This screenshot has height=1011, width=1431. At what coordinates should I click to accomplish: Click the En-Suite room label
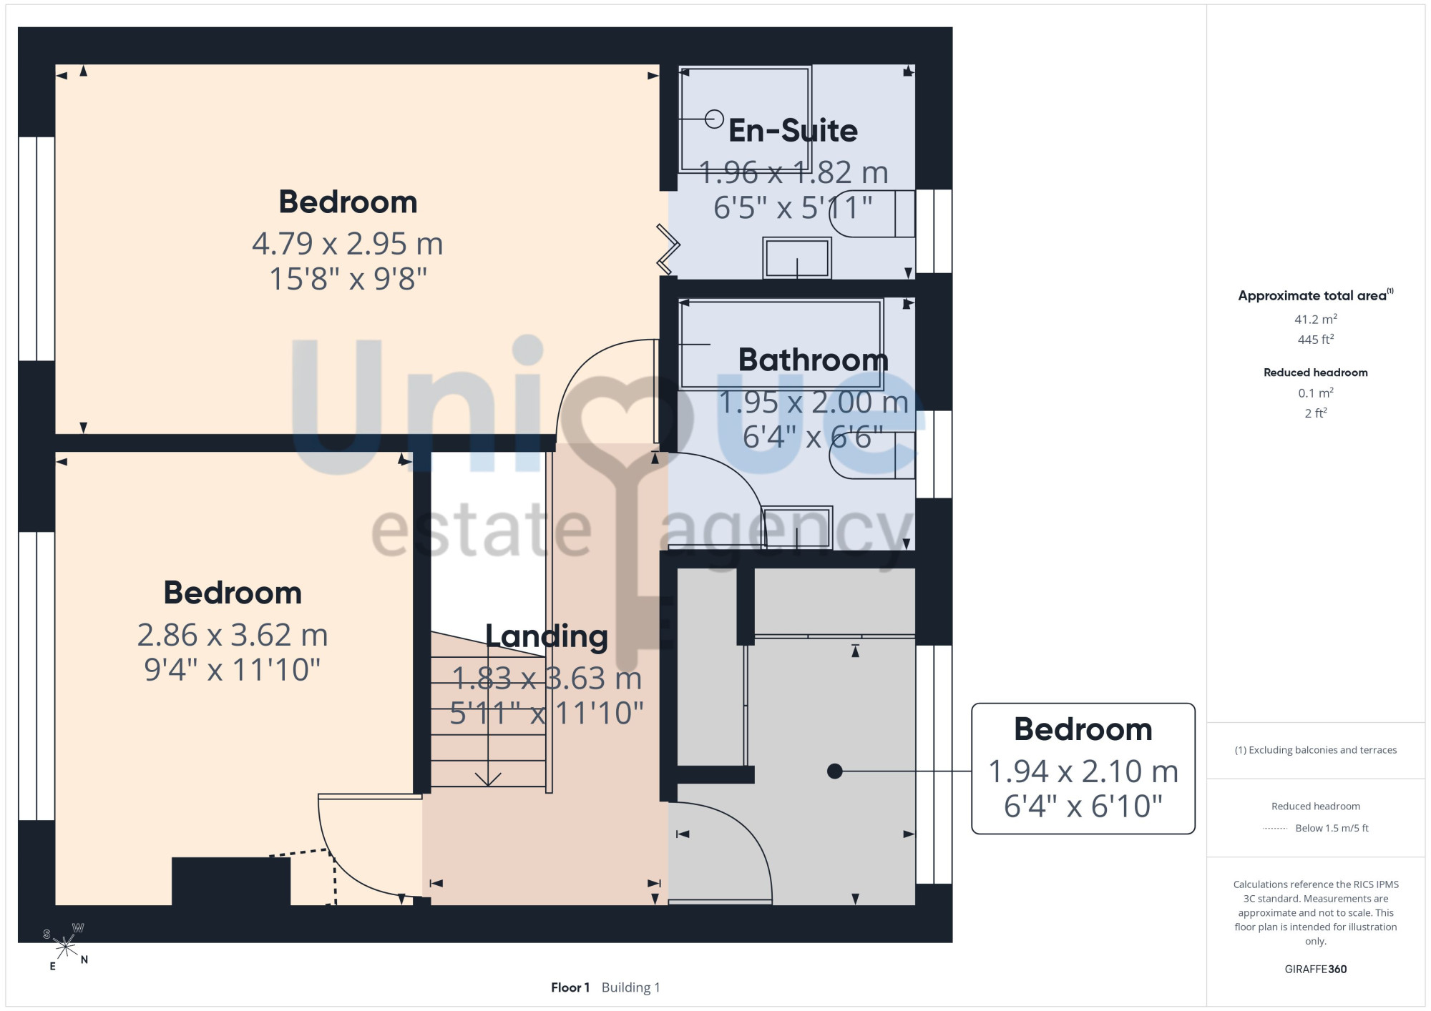[793, 131]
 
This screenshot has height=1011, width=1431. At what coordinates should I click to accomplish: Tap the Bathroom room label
[814, 360]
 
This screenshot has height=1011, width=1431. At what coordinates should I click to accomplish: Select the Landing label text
[547, 636]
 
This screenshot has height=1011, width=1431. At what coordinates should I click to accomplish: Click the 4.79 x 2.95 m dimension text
[348, 244]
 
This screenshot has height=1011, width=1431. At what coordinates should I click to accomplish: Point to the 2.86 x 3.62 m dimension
[233, 635]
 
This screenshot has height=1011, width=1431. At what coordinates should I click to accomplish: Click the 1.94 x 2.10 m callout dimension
[1083, 771]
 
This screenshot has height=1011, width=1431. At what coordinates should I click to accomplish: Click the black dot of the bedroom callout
[834, 771]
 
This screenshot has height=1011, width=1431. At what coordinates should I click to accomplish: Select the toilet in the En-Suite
[872, 214]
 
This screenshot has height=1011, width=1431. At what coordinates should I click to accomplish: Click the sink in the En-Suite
[797, 258]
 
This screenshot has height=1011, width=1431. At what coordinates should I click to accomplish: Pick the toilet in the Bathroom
[872, 455]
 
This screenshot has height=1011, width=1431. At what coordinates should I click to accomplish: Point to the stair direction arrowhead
[488, 779]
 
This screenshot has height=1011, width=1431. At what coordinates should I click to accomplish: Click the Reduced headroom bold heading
[1316, 373]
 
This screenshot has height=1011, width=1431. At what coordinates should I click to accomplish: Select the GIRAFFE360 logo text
[1316, 970]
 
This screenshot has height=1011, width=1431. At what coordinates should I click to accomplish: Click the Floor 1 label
[570, 987]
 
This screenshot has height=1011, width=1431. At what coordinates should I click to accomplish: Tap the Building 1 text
[631, 987]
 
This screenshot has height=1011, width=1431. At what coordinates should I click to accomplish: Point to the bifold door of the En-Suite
[668, 250]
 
